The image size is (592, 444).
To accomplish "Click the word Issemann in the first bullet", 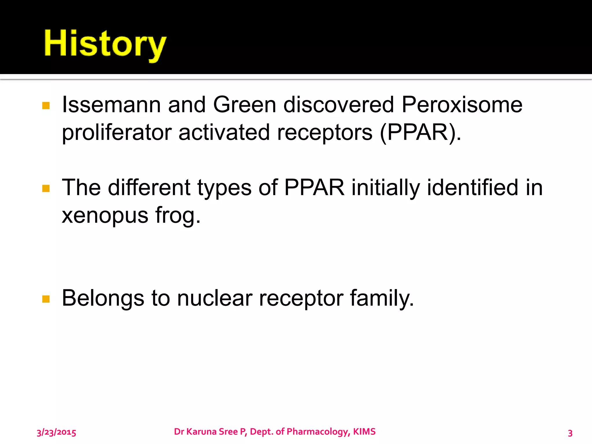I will (x=111, y=105).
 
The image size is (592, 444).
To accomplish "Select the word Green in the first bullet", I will (x=245, y=105).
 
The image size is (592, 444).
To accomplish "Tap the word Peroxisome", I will (x=462, y=105).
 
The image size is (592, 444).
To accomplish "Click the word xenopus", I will (x=105, y=216).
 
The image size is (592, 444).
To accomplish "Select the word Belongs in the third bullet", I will (x=103, y=299).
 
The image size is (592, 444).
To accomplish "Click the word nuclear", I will (x=215, y=299).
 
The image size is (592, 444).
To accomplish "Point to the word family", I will (x=382, y=299).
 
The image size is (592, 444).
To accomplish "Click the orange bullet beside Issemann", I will (x=46, y=106).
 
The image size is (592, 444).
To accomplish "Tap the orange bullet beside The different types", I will (x=46, y=188).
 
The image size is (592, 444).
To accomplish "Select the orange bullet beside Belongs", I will (x=46, y=299).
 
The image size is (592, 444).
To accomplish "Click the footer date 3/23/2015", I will (x=56, y=432).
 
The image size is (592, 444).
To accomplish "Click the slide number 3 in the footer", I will (x=570, y=433).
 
